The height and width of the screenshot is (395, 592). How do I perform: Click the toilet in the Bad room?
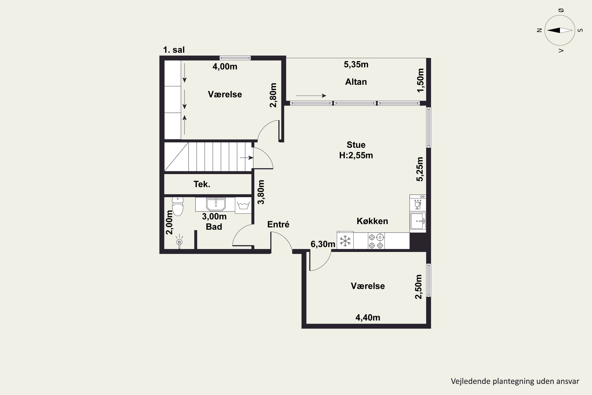point(178,206)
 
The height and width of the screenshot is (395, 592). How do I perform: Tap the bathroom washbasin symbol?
point(216,204)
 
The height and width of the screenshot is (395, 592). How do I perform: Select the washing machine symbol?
point(243,205)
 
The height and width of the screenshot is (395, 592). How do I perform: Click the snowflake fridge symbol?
point(345,240)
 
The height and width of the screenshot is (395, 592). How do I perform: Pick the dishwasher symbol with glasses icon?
point(418,203)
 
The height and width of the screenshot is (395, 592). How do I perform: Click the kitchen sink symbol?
point(418,221)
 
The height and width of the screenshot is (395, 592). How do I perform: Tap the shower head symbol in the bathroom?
point(179,242)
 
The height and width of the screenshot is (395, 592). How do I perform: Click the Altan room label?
point(356,82)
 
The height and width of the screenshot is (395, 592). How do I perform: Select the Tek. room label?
point(202,184)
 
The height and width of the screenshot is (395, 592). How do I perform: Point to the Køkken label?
point(372,221)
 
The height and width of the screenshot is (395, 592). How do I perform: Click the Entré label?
point(278,224)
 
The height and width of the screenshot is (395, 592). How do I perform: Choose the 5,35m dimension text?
point(356,65)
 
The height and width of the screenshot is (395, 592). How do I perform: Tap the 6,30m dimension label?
point(323,244)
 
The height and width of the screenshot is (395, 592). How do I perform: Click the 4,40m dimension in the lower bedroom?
point(368,317)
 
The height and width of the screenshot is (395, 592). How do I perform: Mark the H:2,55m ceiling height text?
point(356,155)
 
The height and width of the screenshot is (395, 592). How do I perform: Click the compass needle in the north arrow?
point(560,30)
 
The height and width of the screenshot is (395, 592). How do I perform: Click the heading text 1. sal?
point(174,50)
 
